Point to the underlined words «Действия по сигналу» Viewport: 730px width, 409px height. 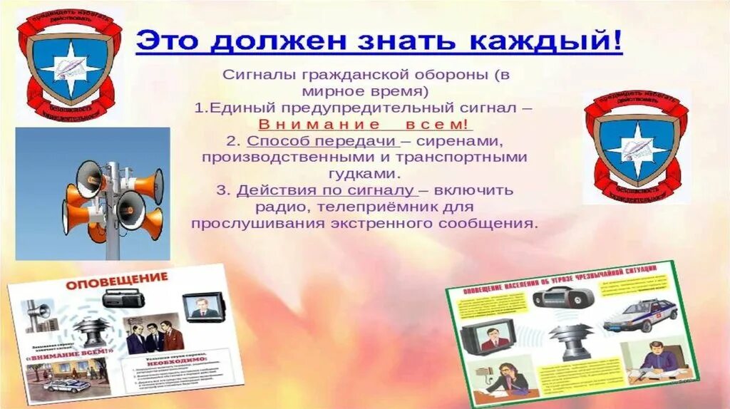click(326, 190)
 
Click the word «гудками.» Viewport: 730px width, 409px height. click(364, 173)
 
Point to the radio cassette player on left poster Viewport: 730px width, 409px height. click(123, 298)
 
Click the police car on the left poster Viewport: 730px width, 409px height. click(67, 385)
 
